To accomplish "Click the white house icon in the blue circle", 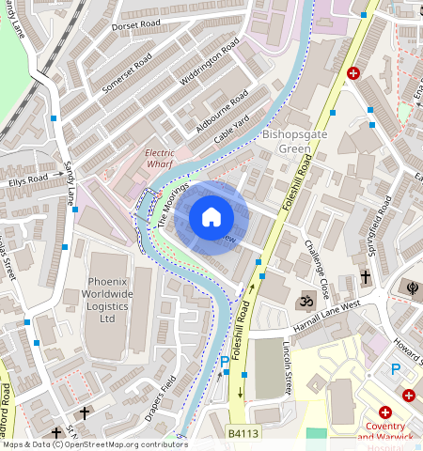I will tap(211, 217).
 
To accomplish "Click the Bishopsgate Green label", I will tap(298, 141).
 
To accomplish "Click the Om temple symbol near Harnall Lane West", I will tap(304, 303).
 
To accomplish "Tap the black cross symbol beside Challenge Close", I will tap(366, 277).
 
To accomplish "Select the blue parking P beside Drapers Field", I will tap(224, 362).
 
